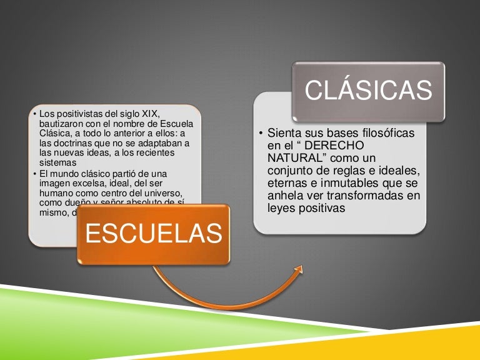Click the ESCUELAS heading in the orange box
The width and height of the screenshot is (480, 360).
[x=153, y=233]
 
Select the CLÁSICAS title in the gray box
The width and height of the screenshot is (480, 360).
[x=369, y=91]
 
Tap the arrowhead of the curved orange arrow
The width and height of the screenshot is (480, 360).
[x=298, y=270]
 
